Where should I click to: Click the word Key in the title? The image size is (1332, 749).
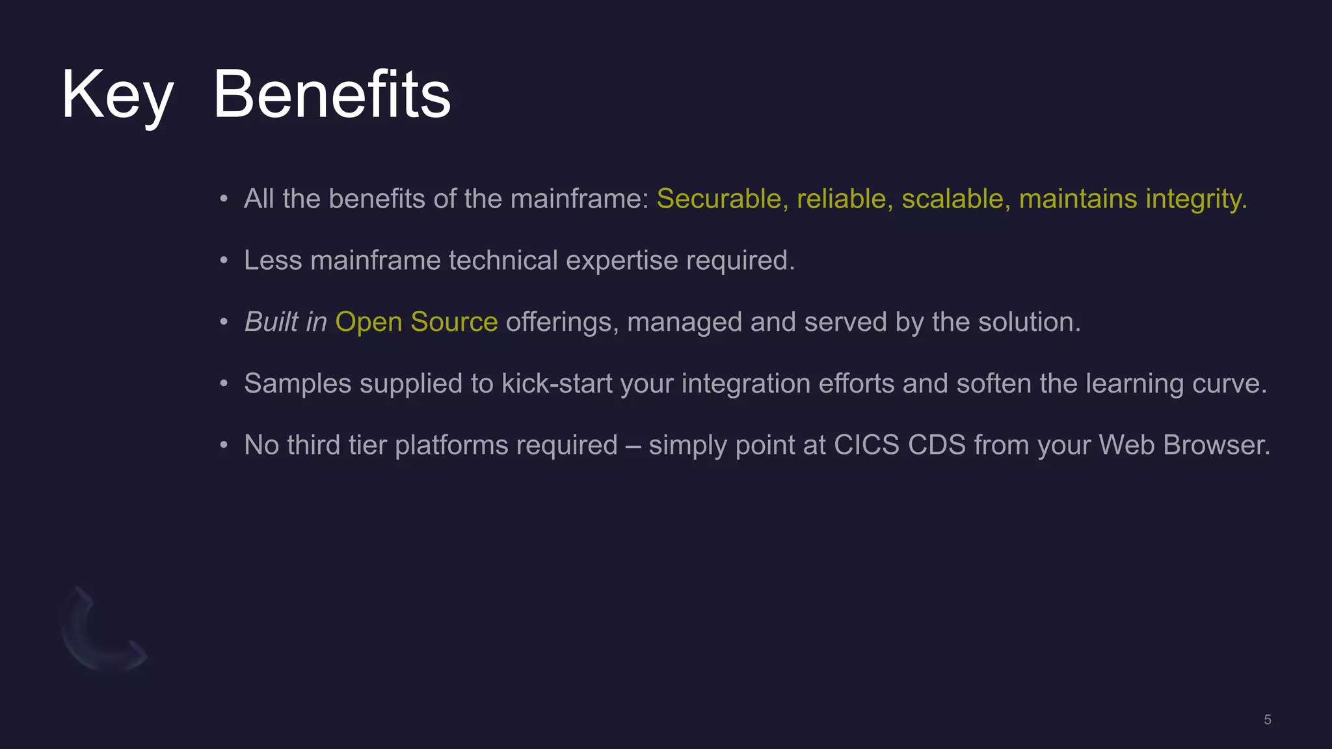(117, 96)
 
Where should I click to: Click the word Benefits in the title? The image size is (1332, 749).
(332, 96)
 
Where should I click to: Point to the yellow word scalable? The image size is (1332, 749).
(955, 199)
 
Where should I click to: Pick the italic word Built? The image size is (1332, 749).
(271, 322)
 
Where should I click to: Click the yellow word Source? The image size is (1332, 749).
(454, 322)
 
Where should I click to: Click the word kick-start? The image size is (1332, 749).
(557, 384)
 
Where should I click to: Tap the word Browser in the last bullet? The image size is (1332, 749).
(1216, 445)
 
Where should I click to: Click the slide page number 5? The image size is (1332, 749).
(1267, 720)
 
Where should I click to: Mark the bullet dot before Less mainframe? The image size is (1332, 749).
(224, 261)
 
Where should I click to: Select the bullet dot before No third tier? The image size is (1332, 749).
(224, 446)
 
